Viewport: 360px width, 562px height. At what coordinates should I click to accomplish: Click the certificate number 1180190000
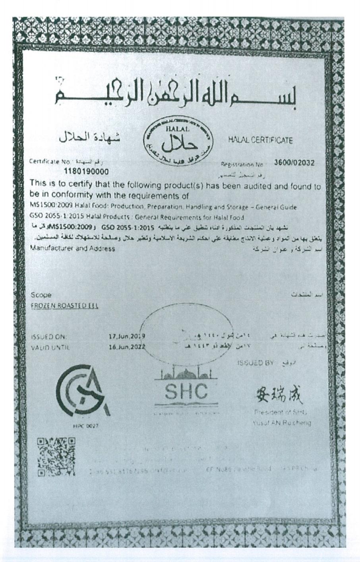86,172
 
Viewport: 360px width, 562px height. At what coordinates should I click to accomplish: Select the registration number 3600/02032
294,163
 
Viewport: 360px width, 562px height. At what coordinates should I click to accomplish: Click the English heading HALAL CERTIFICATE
260,140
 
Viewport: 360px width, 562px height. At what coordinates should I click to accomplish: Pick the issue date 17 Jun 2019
127,336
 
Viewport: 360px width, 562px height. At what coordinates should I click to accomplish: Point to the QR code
56,457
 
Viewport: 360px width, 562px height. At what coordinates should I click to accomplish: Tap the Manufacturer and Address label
73,248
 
